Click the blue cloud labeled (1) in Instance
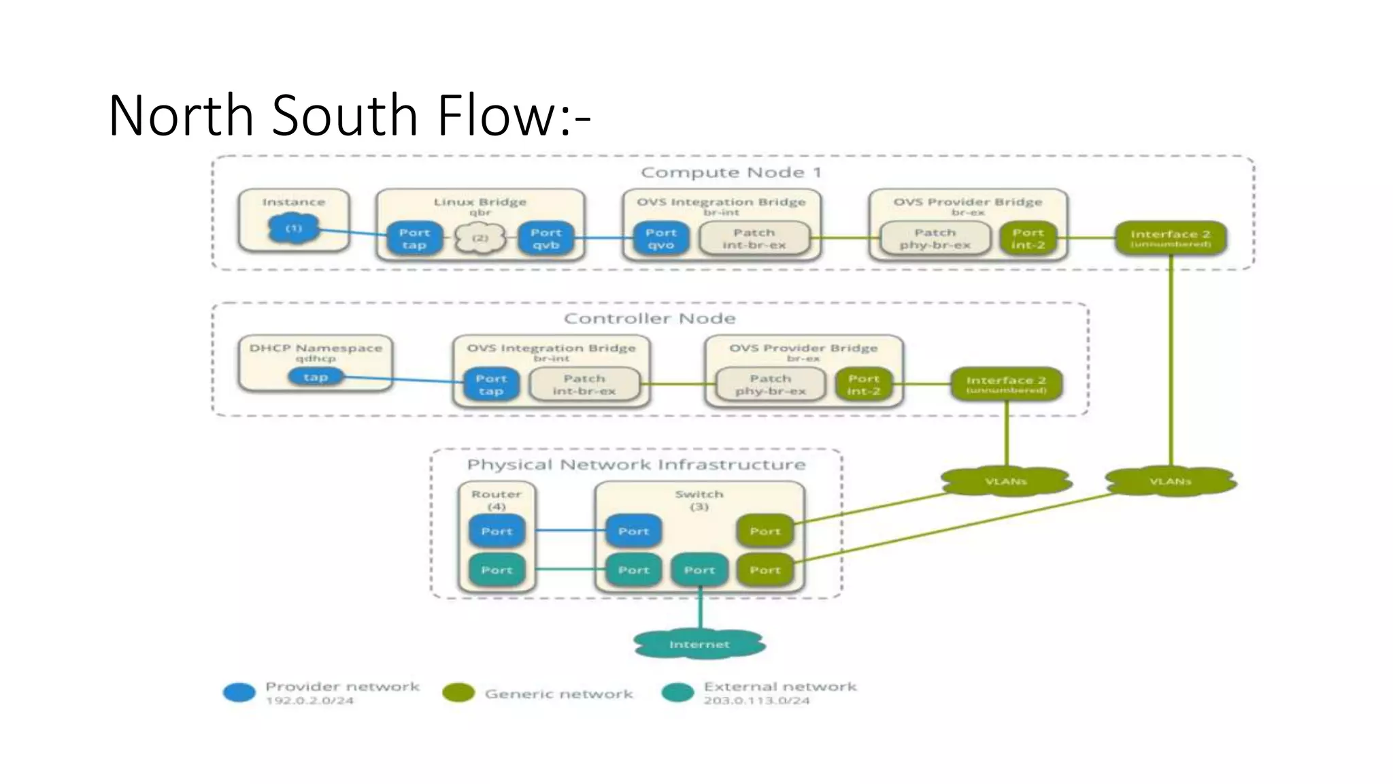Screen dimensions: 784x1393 293,229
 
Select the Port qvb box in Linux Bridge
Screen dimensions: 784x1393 546,239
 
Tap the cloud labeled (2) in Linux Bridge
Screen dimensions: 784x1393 480,238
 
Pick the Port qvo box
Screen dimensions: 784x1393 660,239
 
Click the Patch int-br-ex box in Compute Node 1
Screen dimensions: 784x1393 754,239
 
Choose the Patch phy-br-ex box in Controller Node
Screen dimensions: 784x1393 770,385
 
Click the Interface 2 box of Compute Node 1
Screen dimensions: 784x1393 1171,238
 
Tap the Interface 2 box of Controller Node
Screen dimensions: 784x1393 1006,385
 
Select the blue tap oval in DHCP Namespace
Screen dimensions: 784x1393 316,376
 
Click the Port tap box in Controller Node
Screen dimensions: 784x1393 491,385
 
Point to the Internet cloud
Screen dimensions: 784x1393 699,644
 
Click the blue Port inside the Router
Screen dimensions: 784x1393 497,531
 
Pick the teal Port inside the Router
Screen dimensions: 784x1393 497,570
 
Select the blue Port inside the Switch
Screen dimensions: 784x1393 633,531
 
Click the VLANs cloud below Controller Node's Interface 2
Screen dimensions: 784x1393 1006,481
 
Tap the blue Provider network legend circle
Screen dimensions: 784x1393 239,693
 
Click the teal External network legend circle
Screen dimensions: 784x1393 677,693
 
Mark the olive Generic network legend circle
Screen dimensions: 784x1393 458,693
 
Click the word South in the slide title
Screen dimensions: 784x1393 345,116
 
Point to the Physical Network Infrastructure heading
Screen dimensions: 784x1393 636,465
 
